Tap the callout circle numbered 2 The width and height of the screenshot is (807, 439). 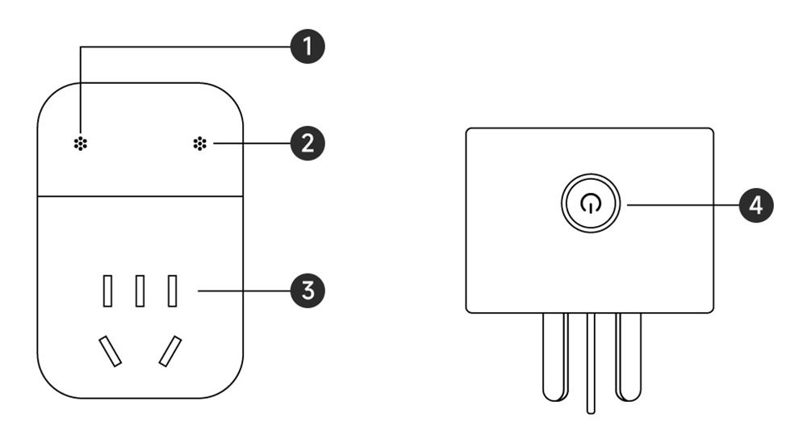click(307, 145)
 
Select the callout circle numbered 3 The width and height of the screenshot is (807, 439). click(307, 291)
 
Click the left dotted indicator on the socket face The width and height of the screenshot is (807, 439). click(82, 145)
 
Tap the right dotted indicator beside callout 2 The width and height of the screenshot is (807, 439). click(199, 145)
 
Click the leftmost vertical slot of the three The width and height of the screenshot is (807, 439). click(107, 291)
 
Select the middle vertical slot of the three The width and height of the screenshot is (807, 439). click(140, 291)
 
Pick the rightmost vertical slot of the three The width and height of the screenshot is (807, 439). click(172, 291)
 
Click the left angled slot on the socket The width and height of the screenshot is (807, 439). click(111, 351)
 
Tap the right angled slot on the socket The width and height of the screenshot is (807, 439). click(169, 351)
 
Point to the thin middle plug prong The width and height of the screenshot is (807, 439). click(591, 363)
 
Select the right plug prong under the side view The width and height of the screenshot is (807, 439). click(627, 355)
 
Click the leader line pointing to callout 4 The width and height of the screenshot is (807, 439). click(682, 205)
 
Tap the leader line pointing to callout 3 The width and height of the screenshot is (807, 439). click(242, 291)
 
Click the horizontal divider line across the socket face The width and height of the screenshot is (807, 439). click(140, 196)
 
